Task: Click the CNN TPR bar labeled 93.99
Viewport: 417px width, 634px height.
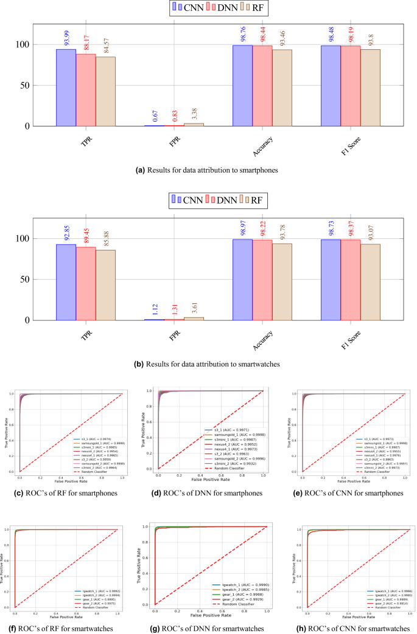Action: click(66, 88)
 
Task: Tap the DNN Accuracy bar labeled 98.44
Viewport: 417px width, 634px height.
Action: click(262, 86)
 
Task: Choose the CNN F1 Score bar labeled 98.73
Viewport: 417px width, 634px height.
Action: click(331, 280)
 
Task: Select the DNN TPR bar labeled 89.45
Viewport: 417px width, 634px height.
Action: click(86, 283)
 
